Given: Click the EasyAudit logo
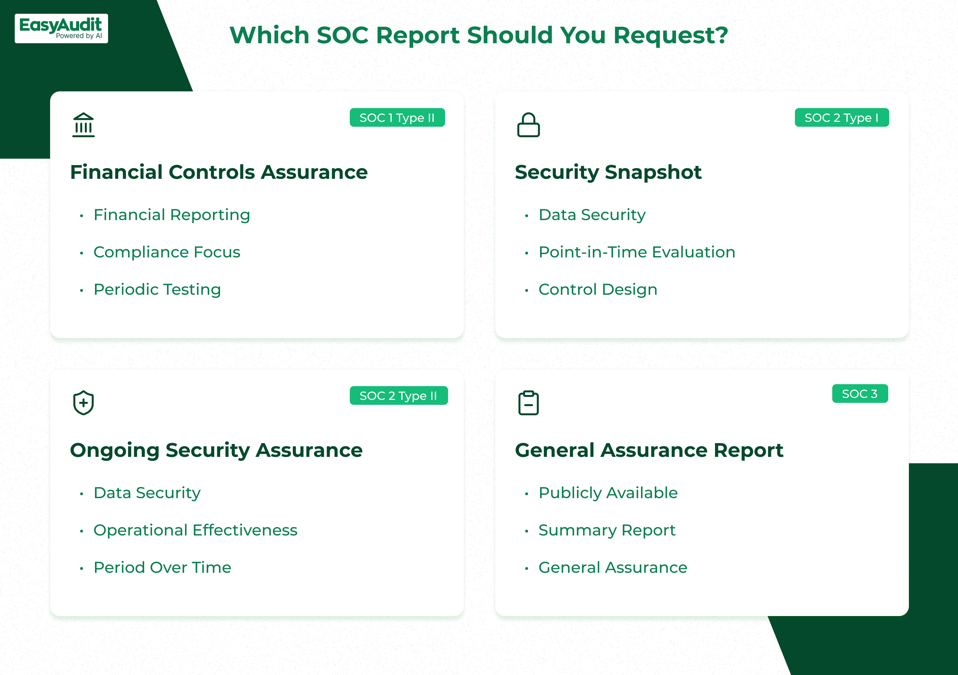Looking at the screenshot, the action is (x=61, y=28).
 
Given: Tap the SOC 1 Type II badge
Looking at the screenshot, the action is (x=397, y=118).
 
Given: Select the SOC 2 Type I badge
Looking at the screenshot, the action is (x=842, y=118).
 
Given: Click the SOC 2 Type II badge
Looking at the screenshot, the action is (x=399, y=396).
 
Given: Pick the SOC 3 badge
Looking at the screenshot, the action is (x=860, y=394).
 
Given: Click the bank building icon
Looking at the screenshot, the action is (x=84, y=125).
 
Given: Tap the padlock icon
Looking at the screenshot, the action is (x=529, y=125).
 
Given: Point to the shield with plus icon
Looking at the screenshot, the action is (x=84, y=403).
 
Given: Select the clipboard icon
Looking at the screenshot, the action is (x=529, y=403).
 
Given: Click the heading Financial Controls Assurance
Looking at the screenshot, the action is (x=219, y=172).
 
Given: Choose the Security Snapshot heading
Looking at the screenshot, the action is (x=608, y=172).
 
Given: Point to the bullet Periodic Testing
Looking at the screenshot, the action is (x=157, y=290).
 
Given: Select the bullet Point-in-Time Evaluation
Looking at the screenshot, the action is (x=637, y=252).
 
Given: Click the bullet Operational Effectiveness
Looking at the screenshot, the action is (x=196, y=530).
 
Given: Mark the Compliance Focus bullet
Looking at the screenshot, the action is (x=167, y=252).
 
